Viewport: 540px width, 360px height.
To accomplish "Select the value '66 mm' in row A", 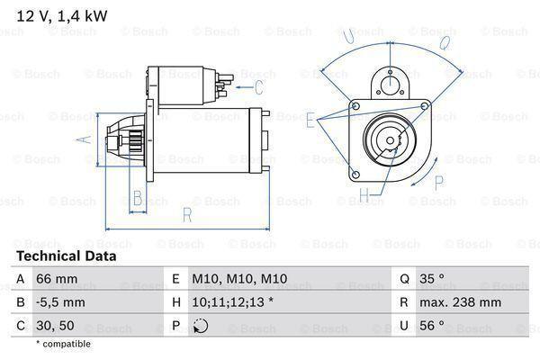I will [x=55, y=280].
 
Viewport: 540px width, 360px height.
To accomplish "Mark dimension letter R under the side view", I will [x=185, y=214].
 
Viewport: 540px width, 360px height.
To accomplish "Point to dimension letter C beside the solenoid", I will [x=258, y=87].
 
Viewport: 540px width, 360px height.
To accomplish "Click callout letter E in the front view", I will [x=310, y=119].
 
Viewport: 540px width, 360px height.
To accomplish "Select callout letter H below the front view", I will [x=364, y=194].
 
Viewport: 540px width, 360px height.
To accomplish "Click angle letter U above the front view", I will [x=346, y=36].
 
